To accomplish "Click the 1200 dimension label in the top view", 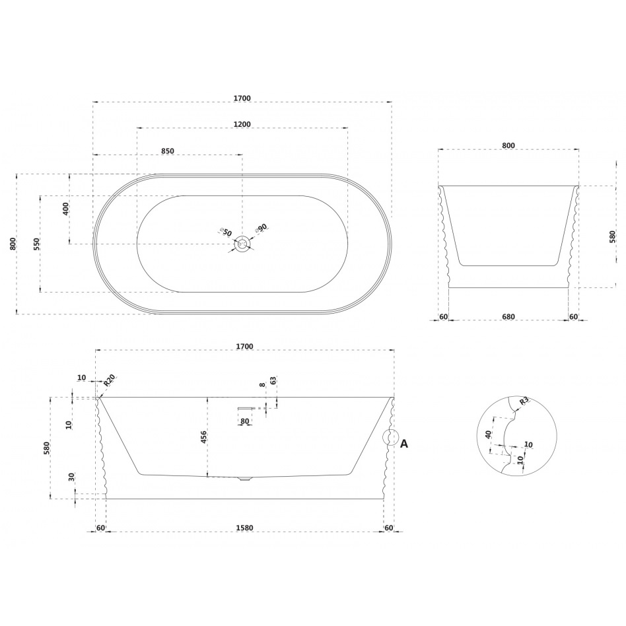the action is (242, 124).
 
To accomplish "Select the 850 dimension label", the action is (168, 151).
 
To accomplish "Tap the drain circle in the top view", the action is (242, 244).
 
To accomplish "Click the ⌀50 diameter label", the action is (226, 231).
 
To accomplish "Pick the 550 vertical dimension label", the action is (37, 244).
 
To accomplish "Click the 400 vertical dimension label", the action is (66, 209).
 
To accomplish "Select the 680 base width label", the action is (508, 317).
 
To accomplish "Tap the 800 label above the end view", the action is (508, 146).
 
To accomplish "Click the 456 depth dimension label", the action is (203, 437).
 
